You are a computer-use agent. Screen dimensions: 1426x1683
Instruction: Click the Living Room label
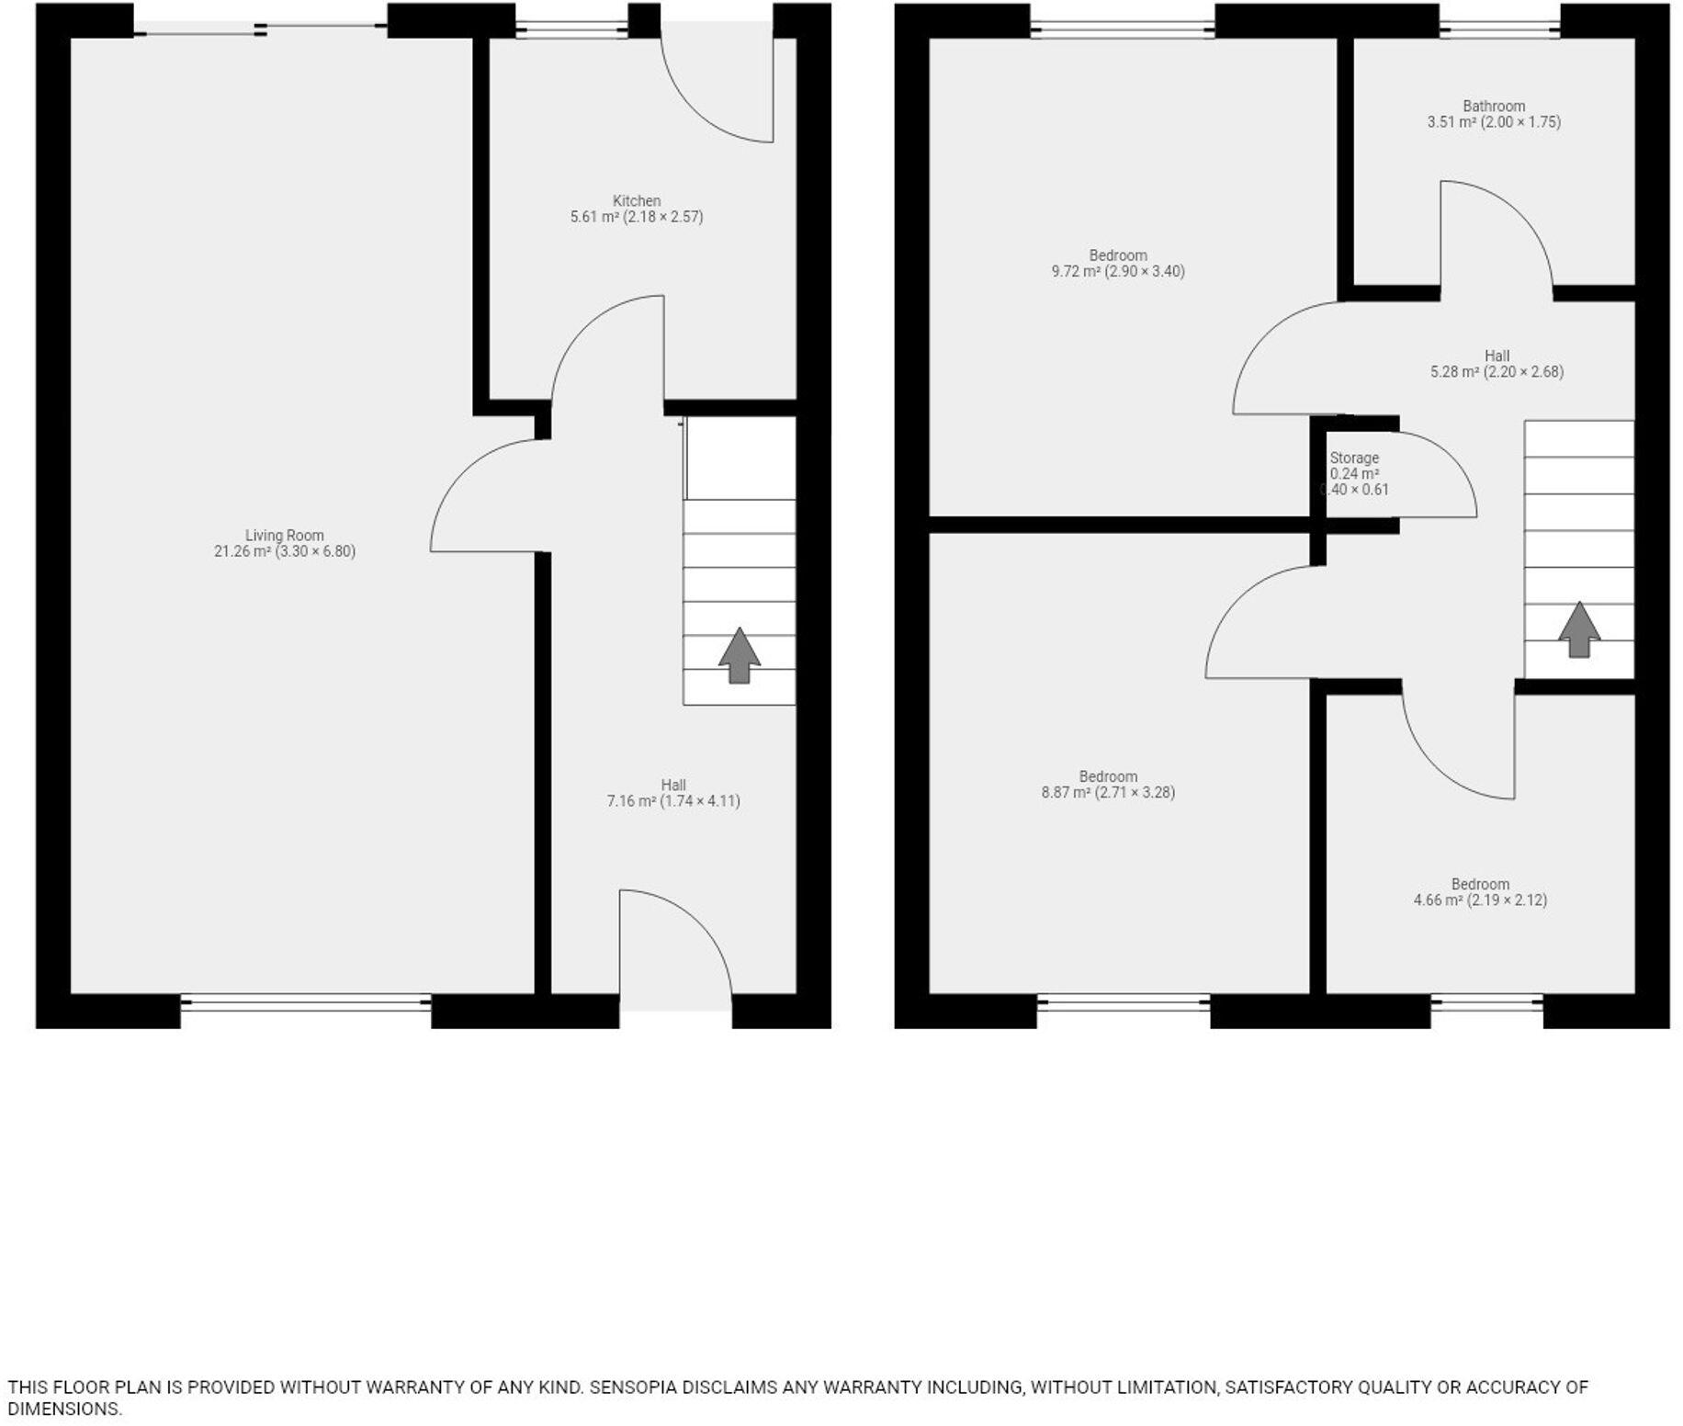tap(285, 543)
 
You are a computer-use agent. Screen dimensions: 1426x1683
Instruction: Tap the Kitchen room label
tap(637, 209)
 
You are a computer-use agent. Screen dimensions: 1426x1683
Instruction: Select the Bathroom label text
tap(1494, 114)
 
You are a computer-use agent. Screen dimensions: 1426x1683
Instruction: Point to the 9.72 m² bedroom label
tap(1118, 264)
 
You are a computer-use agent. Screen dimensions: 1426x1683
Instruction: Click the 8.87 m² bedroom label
tap(1108, 785)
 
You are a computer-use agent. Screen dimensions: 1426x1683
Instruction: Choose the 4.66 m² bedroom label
tap(1480, 892)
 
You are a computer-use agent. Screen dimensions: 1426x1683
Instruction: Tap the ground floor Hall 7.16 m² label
tap(673, 793)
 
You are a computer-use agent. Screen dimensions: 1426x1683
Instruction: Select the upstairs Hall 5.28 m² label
tap(1497, 364)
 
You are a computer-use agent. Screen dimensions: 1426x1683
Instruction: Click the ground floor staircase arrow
tap(740, 656)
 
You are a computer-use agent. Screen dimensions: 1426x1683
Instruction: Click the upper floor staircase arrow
tap(1579, 630)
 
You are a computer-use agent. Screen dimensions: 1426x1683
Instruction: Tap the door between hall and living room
tap(487, 501)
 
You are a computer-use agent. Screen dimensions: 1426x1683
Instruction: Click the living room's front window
tap(306, 1003)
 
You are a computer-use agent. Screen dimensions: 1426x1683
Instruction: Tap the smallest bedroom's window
tap(1486, 1003)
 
